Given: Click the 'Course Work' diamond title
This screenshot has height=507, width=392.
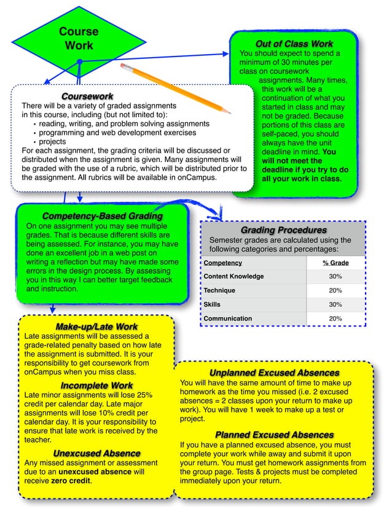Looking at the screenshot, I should click(79, 38).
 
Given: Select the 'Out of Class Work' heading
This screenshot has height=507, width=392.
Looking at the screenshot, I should click(294, 44).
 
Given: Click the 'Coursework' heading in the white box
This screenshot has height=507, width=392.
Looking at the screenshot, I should click(87, 96).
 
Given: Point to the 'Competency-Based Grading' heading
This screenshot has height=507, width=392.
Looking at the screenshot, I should click(102, 216).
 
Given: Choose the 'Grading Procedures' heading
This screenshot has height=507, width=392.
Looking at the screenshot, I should click(283, 230).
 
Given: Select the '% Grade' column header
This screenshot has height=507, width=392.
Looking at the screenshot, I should click(335, 263).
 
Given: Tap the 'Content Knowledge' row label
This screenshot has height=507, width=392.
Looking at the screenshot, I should click(233, 276).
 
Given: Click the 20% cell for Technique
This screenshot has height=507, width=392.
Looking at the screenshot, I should click(335, 290).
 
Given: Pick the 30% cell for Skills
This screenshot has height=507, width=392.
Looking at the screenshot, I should click(335, 304).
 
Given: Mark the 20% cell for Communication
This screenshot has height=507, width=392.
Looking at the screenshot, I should click(335, 319).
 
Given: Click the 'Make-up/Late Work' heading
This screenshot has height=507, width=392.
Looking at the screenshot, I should click(96, 327).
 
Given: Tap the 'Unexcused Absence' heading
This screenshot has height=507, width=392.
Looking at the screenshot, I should click(96, 454).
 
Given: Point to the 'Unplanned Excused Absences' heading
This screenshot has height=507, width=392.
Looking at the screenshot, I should click(274, 373).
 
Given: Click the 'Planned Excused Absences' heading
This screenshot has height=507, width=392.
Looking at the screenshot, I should click(274, 435).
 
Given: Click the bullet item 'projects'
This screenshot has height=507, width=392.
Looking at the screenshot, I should click(53, 141).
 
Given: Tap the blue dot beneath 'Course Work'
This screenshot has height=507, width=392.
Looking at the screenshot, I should click(79, 61).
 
